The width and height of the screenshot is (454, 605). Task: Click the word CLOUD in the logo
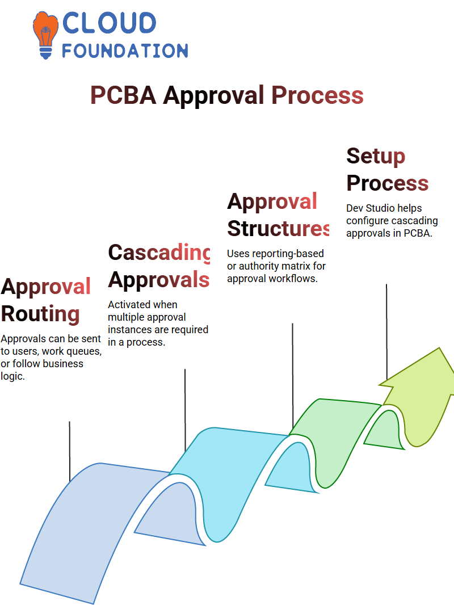pyautogui.click(x=109, y=23)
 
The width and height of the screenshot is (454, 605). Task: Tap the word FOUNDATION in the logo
pyautogui.click(x=125, y=51)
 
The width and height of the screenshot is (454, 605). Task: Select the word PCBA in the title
pyautogui.click(x=123, y=95)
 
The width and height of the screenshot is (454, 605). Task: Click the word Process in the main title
pyautogui.click(x=317, y=95)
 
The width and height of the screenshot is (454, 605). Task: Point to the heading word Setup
pyautogui.click(x=376, y=157)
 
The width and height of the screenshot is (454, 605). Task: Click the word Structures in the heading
pyautogui.click(x=278, y=228)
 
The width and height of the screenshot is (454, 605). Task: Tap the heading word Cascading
pyautogui.click(x=159, y=253)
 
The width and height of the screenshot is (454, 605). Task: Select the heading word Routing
pyautogui.click(x=40, y=314)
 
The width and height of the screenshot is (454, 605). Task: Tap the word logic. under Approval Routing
pyautogui.click(x=12, y=377)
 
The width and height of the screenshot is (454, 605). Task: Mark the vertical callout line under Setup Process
pyautogui.click(x=386, y=332)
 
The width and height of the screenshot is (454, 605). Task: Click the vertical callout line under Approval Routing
pyautogui.click(x=70, y=451)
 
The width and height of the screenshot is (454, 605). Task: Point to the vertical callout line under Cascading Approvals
pyautogui.click(x=185, y=410)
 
